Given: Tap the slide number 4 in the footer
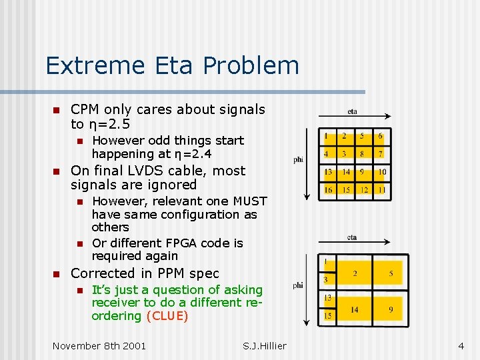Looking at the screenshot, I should (461, 345).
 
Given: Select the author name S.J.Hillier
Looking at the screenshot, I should (265, 345).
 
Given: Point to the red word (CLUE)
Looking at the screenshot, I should (167, 315).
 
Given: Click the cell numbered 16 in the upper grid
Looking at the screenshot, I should (328, 189).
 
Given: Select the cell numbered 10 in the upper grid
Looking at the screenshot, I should (381, 172).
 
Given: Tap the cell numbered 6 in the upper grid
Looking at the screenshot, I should (381, 137).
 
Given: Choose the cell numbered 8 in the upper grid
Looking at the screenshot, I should (363, 154).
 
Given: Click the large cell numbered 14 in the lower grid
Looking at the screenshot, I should (354, 309).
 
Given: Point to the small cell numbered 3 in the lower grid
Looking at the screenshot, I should (327, 279).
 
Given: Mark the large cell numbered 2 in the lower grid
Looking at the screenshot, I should (354, 273).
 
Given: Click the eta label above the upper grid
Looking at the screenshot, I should (352, 111).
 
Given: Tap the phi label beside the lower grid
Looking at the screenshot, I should (297, 285).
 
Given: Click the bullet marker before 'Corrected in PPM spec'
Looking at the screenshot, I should (56, 274).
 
